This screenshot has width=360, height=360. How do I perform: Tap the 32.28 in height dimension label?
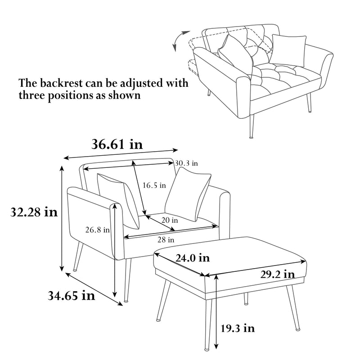(35, 212)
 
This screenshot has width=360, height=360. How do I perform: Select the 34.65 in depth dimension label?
(71, 296)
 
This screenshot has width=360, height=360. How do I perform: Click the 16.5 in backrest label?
(154, 184)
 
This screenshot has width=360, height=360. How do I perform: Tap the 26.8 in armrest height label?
(98, 229)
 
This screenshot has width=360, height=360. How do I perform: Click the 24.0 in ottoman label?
(192, 258)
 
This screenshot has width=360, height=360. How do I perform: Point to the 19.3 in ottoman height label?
(237, 328)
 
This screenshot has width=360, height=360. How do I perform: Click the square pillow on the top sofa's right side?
(288, 48)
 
